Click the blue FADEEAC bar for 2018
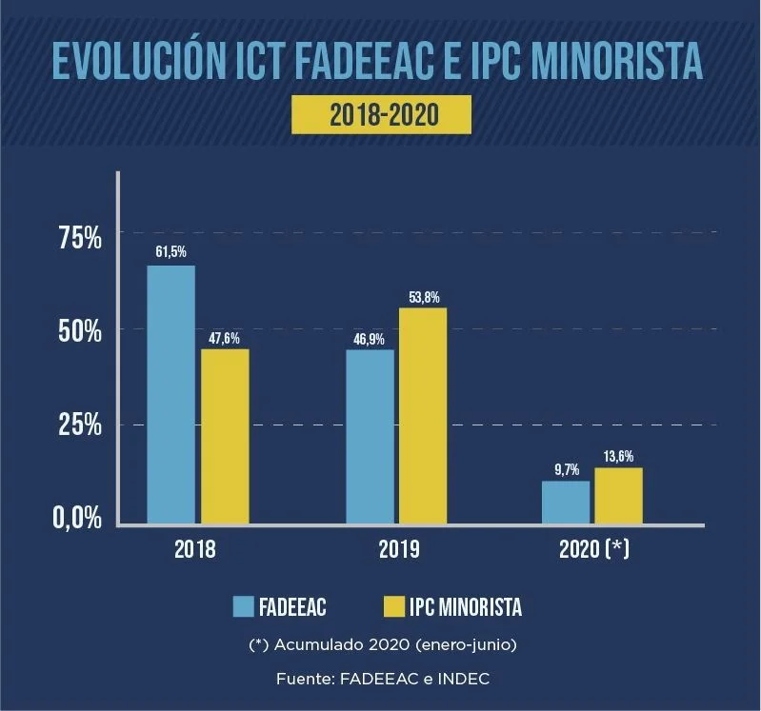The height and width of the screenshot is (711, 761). tap(170, 394)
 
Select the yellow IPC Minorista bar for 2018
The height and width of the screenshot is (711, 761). tap(225, 436)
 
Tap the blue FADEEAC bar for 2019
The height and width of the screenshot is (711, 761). tap(370, 437)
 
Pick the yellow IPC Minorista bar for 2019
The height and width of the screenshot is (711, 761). tap(423, 416)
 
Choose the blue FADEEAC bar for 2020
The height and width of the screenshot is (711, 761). tap(566, 503)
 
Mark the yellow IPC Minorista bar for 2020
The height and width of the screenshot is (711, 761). tap(619, 496)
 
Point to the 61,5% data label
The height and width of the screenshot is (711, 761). tap(170, 251)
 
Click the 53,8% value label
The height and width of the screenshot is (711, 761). tap(424, 297)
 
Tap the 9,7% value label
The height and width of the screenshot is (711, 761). tap(567, 469)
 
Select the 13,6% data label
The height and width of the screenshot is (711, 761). tap(619, 456)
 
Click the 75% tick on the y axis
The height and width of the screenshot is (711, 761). tap(80, 238)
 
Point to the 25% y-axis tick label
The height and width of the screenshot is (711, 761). tap(80, 425)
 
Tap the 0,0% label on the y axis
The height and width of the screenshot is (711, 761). tap(78, 518)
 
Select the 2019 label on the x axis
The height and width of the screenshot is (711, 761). tap(399, 549)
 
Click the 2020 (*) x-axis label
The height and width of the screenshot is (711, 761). tap(594, 549)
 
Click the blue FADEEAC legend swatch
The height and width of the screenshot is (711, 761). tap(243, 606)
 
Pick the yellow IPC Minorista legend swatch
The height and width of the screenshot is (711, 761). tap(393, 606)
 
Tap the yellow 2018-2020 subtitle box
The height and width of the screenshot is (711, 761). tap(382, 114)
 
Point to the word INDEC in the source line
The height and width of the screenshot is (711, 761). tap(464, 679)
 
